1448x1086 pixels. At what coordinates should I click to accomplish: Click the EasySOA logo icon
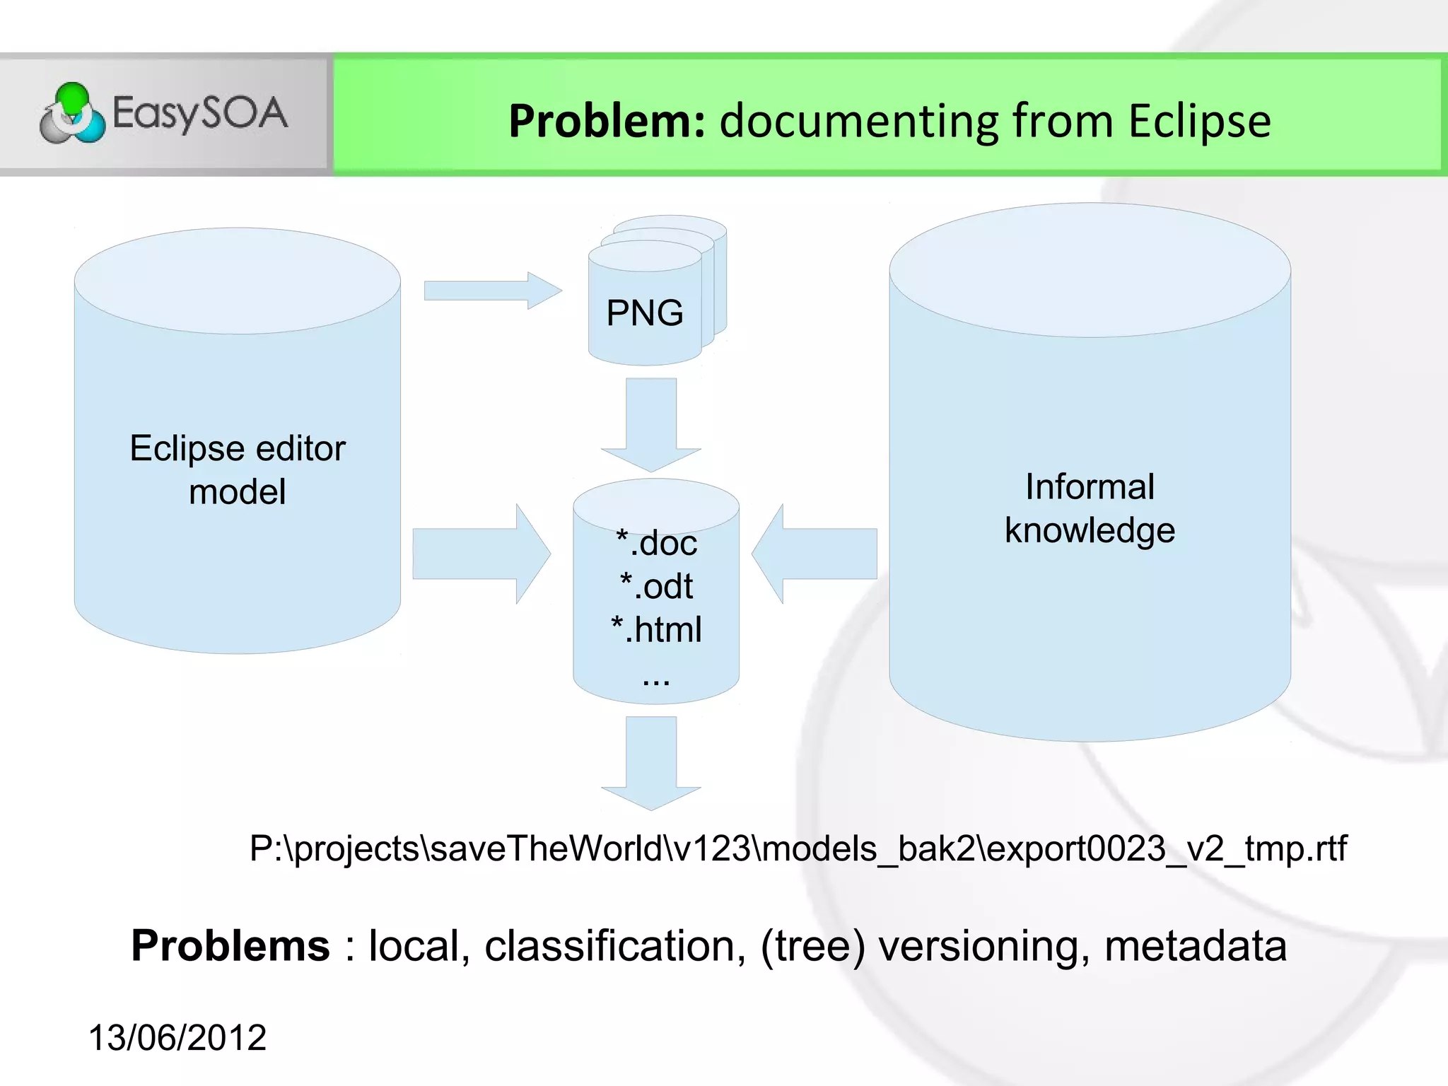(x=72, y=113)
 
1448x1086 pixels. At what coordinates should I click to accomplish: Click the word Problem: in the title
(x=607, y=121)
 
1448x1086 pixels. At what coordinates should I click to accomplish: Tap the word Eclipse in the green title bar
(x=1199, y=121)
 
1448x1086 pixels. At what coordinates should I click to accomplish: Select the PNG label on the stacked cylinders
(x=645, y=313)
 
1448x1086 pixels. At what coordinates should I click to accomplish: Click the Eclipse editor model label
(x=238, y=469)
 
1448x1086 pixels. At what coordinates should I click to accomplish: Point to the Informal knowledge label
(x=1090, y=508)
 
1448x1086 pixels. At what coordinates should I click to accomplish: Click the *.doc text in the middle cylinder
(x=657, y=543)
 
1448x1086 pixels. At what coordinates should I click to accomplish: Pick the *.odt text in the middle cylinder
(x=657, y=586)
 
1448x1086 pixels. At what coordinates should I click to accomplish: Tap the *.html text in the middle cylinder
(x=657, y=629)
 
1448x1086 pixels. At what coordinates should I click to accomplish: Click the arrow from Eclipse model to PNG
(x=492, y=291)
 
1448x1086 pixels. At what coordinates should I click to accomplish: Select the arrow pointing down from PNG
(x=651, y=424)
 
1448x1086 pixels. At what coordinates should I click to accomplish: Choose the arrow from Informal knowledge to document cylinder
(x=814, y=554)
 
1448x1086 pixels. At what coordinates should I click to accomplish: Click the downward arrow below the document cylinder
(x=651, y=762)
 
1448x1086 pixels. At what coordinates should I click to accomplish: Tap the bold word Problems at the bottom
(x=230, y=946)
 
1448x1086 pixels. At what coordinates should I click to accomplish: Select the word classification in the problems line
(x=614, y=946)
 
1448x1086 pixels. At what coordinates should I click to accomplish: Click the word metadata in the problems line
(x=1195, y=946)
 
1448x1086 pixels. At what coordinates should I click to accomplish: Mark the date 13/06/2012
(x=177, y=1038)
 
